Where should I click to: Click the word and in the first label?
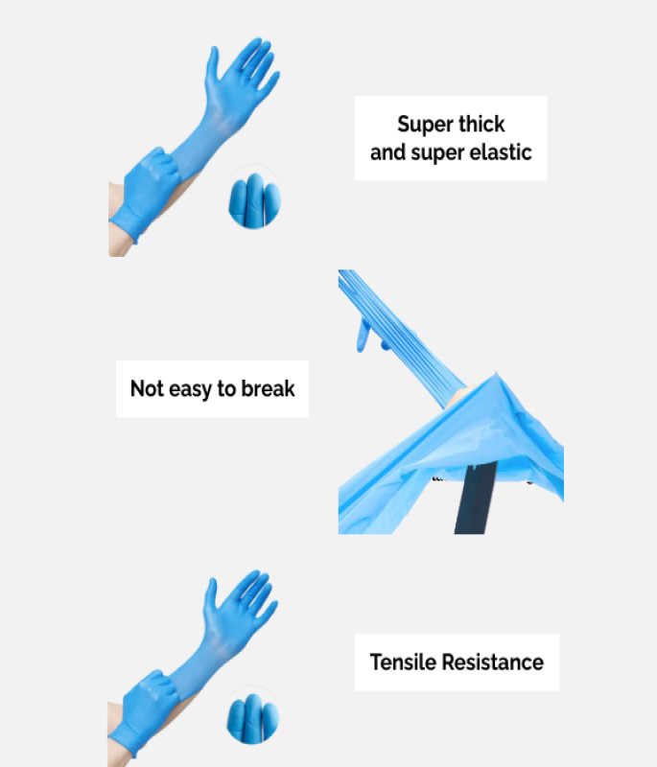pyautogui.click(x=387, y=152)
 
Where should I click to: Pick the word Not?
pyautogui.click(x=147, y=388)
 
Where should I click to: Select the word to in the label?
pyautogui.click(x=226, y=389)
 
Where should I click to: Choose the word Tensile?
pyautogui.click(x=403, y=662)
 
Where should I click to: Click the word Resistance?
pyautogui.click(x=492, y=662)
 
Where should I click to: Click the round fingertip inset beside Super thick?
pyautogui.click(x=254, y=198)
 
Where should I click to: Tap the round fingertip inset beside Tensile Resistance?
pyautogui.click(x=252, y=715)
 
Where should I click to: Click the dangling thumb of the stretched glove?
pyautogui.click(x=363, y=335)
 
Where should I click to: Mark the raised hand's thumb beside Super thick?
pyautogui.click(x=212, y=67)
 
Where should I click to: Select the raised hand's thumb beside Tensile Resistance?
pyautogui.click(x=210, y=598)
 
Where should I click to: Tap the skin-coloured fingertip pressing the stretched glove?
pyautogui.click(x=459, y=396)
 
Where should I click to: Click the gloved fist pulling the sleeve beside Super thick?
pyautogui.click(x=147, y=192)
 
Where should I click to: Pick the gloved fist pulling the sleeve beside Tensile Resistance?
pyautogui.click(x=145, y=711)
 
